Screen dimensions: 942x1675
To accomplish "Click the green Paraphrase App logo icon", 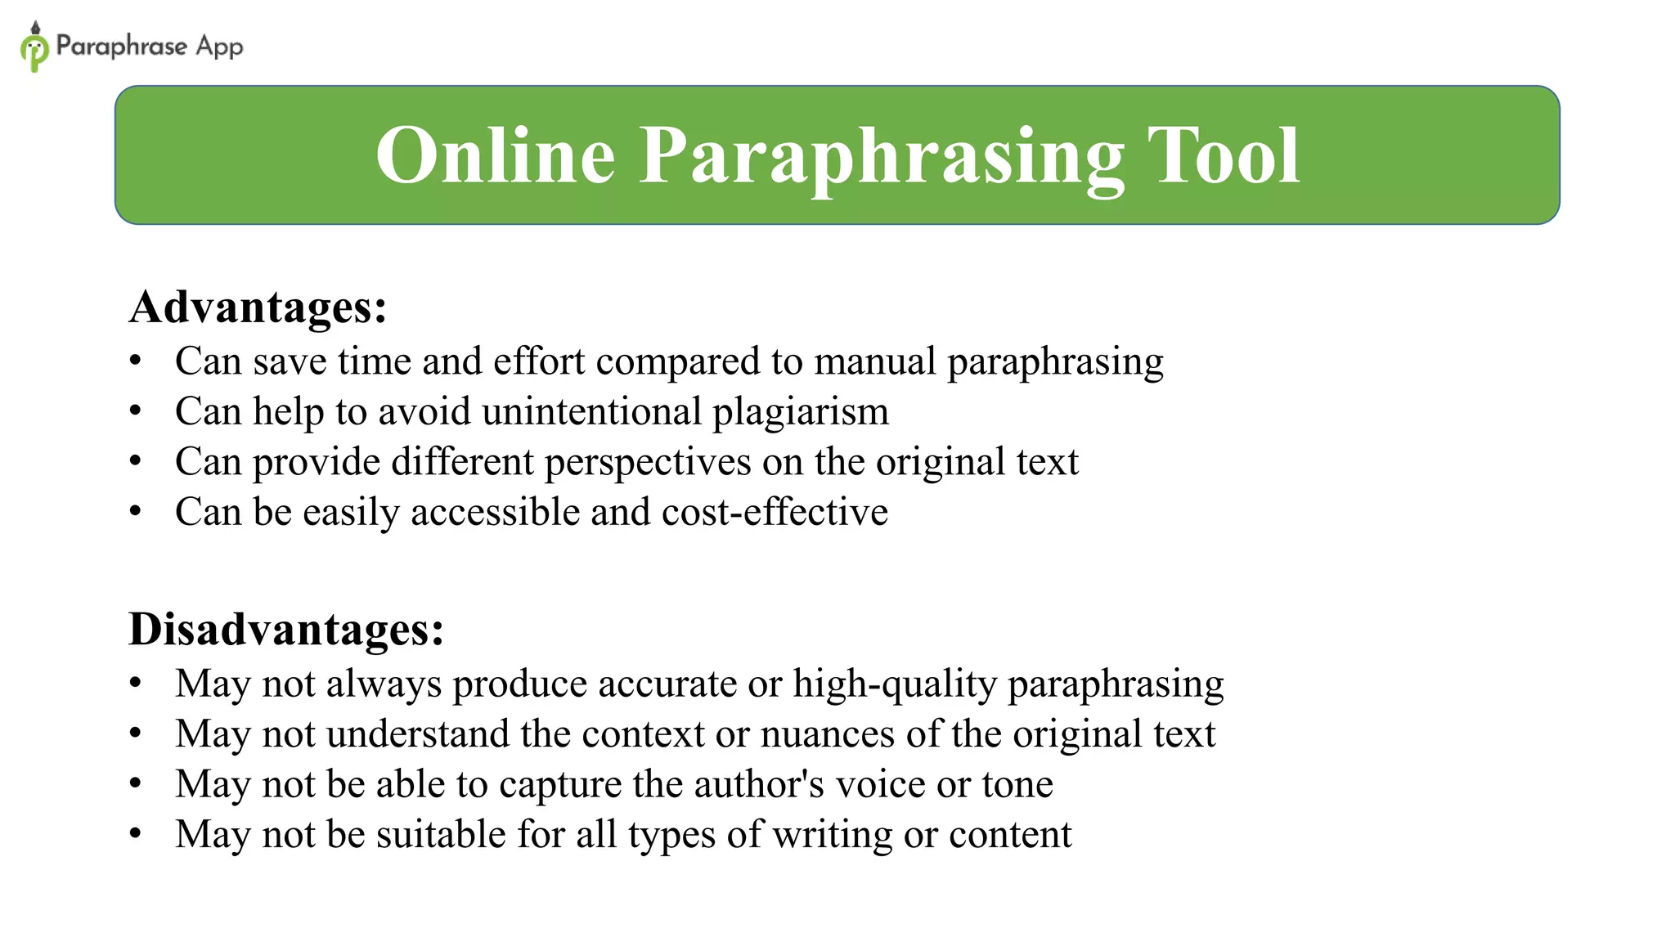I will pos(34,47).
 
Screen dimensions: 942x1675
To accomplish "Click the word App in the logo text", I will pos(219,47).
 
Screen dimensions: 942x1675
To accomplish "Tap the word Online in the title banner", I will pos(495,155).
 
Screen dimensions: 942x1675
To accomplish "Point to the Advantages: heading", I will pos(258,307).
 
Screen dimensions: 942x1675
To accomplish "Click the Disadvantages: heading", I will pos(286,630).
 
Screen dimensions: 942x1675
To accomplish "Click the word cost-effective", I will pos(775,513).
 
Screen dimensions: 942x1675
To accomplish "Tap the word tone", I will pos(1017,784).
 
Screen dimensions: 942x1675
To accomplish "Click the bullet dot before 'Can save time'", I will pos(136,361).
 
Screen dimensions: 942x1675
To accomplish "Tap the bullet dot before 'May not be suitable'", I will pos(136,834).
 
